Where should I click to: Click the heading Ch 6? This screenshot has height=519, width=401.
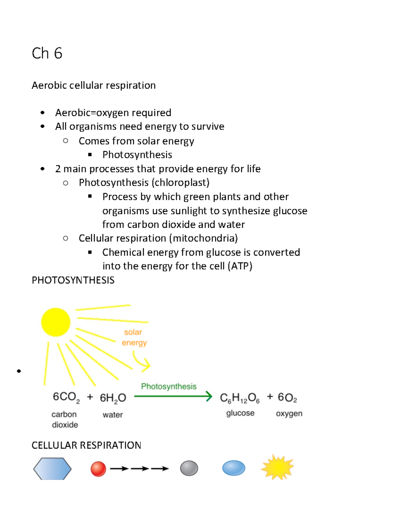point(47,53)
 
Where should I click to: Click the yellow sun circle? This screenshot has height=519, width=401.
point(55,322)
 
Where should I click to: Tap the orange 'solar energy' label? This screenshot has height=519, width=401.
point(134,337)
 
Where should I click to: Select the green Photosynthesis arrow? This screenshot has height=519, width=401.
point(173,396)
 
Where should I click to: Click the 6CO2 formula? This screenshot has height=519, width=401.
point(66,397)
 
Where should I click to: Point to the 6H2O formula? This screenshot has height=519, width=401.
point(113,398)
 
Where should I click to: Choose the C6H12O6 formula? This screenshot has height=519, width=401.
point(240,398)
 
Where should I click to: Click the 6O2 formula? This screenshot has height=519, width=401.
point(287,397)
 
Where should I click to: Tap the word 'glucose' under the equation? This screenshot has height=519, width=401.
point(240,413)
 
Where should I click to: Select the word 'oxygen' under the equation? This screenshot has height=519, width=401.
point(289,413)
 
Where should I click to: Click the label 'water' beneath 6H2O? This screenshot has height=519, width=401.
point(113,415)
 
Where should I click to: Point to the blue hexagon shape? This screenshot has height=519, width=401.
point(52,469)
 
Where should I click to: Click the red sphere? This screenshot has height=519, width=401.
point(98,469)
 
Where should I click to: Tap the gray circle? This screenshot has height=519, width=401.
point(189,468)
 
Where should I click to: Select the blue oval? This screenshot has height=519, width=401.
point(234,468)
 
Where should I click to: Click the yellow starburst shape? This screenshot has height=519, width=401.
point(277,467)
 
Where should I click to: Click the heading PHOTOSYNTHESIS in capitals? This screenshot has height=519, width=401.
point(73,280)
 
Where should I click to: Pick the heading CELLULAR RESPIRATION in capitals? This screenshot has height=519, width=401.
point(86,445)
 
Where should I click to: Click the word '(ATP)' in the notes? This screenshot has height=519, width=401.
point(240,266)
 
